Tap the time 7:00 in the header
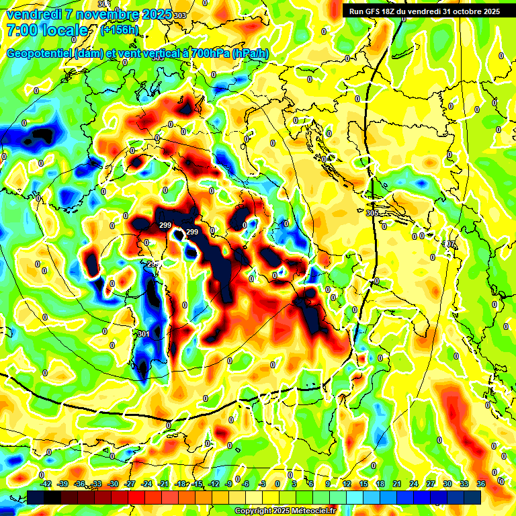click(x=21, y=30)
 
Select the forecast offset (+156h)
click(x=120, y=30)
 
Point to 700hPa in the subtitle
click(x=209, y=54)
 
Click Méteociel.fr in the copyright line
click(x=309, y=511)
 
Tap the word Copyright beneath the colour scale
click(x=253, y=511)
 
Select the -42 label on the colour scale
click(x=46, y=484)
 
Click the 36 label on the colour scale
click(x=481, y=484)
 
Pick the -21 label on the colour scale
click(x=163, y=484)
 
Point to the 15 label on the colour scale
click(x=363, y=484)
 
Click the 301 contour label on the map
click(x=143, y=334)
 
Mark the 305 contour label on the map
click(x=372, y=213)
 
